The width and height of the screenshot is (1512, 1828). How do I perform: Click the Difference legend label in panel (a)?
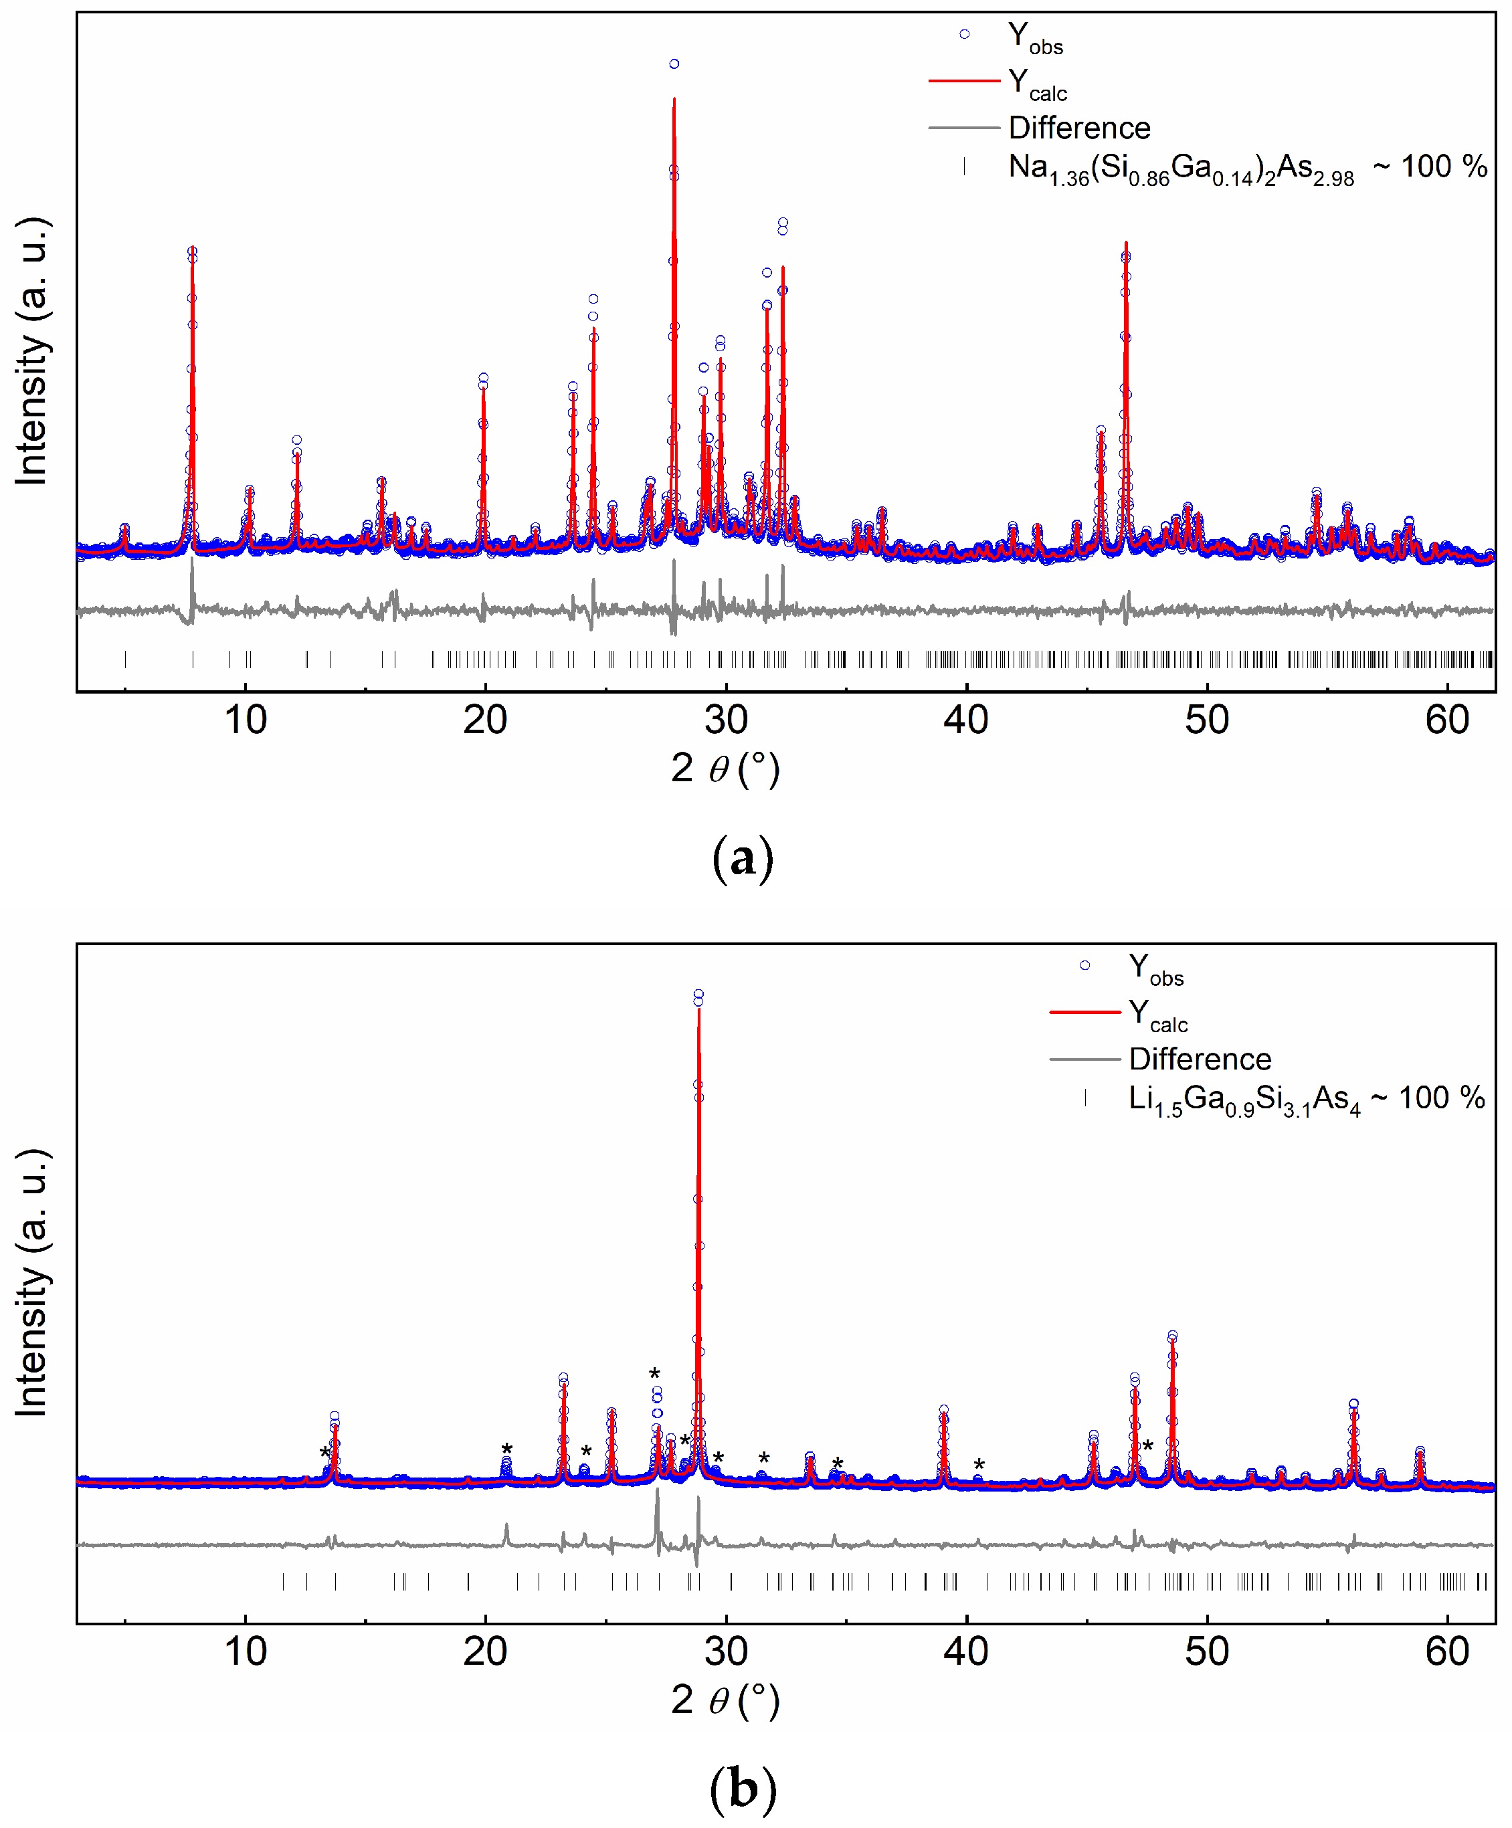(x=1078, y=128)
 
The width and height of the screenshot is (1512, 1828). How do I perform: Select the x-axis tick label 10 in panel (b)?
(x=246, y=1652)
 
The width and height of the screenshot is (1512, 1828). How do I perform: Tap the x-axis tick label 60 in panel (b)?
(x=1446, y=1652)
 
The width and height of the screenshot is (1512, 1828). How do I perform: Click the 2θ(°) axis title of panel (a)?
(x=725, y=769)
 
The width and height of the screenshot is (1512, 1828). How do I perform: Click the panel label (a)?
(x=742, y=860)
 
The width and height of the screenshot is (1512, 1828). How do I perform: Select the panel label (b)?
(x=742, y=1791)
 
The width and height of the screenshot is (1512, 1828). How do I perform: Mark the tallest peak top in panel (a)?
(x=674, y=64)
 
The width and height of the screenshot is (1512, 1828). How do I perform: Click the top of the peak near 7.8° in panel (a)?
(x=193, y=251)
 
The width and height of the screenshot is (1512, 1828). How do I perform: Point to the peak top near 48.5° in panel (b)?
(x=1173, y=1336)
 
